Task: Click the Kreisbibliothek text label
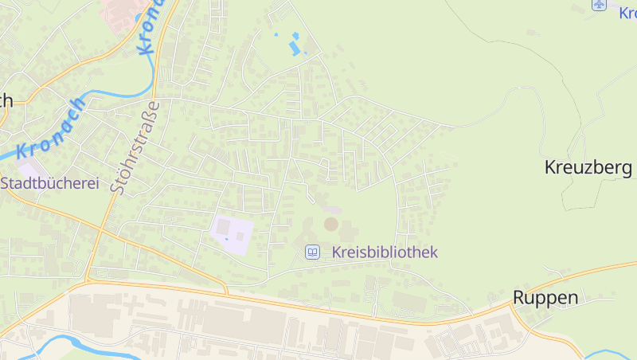coord(385,252)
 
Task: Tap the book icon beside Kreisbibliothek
coord(313,252)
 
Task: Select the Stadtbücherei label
coord(49,183)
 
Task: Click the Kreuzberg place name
coord(588,167)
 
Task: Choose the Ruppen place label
coord(545,297)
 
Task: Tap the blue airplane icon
coord(600,5)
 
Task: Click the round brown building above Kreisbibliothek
coord(330,225)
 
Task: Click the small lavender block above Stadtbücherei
coord(30,169)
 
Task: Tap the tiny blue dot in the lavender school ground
coord(227,238)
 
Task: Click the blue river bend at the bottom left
coord(64,343)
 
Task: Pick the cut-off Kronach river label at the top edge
coord(151,28)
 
